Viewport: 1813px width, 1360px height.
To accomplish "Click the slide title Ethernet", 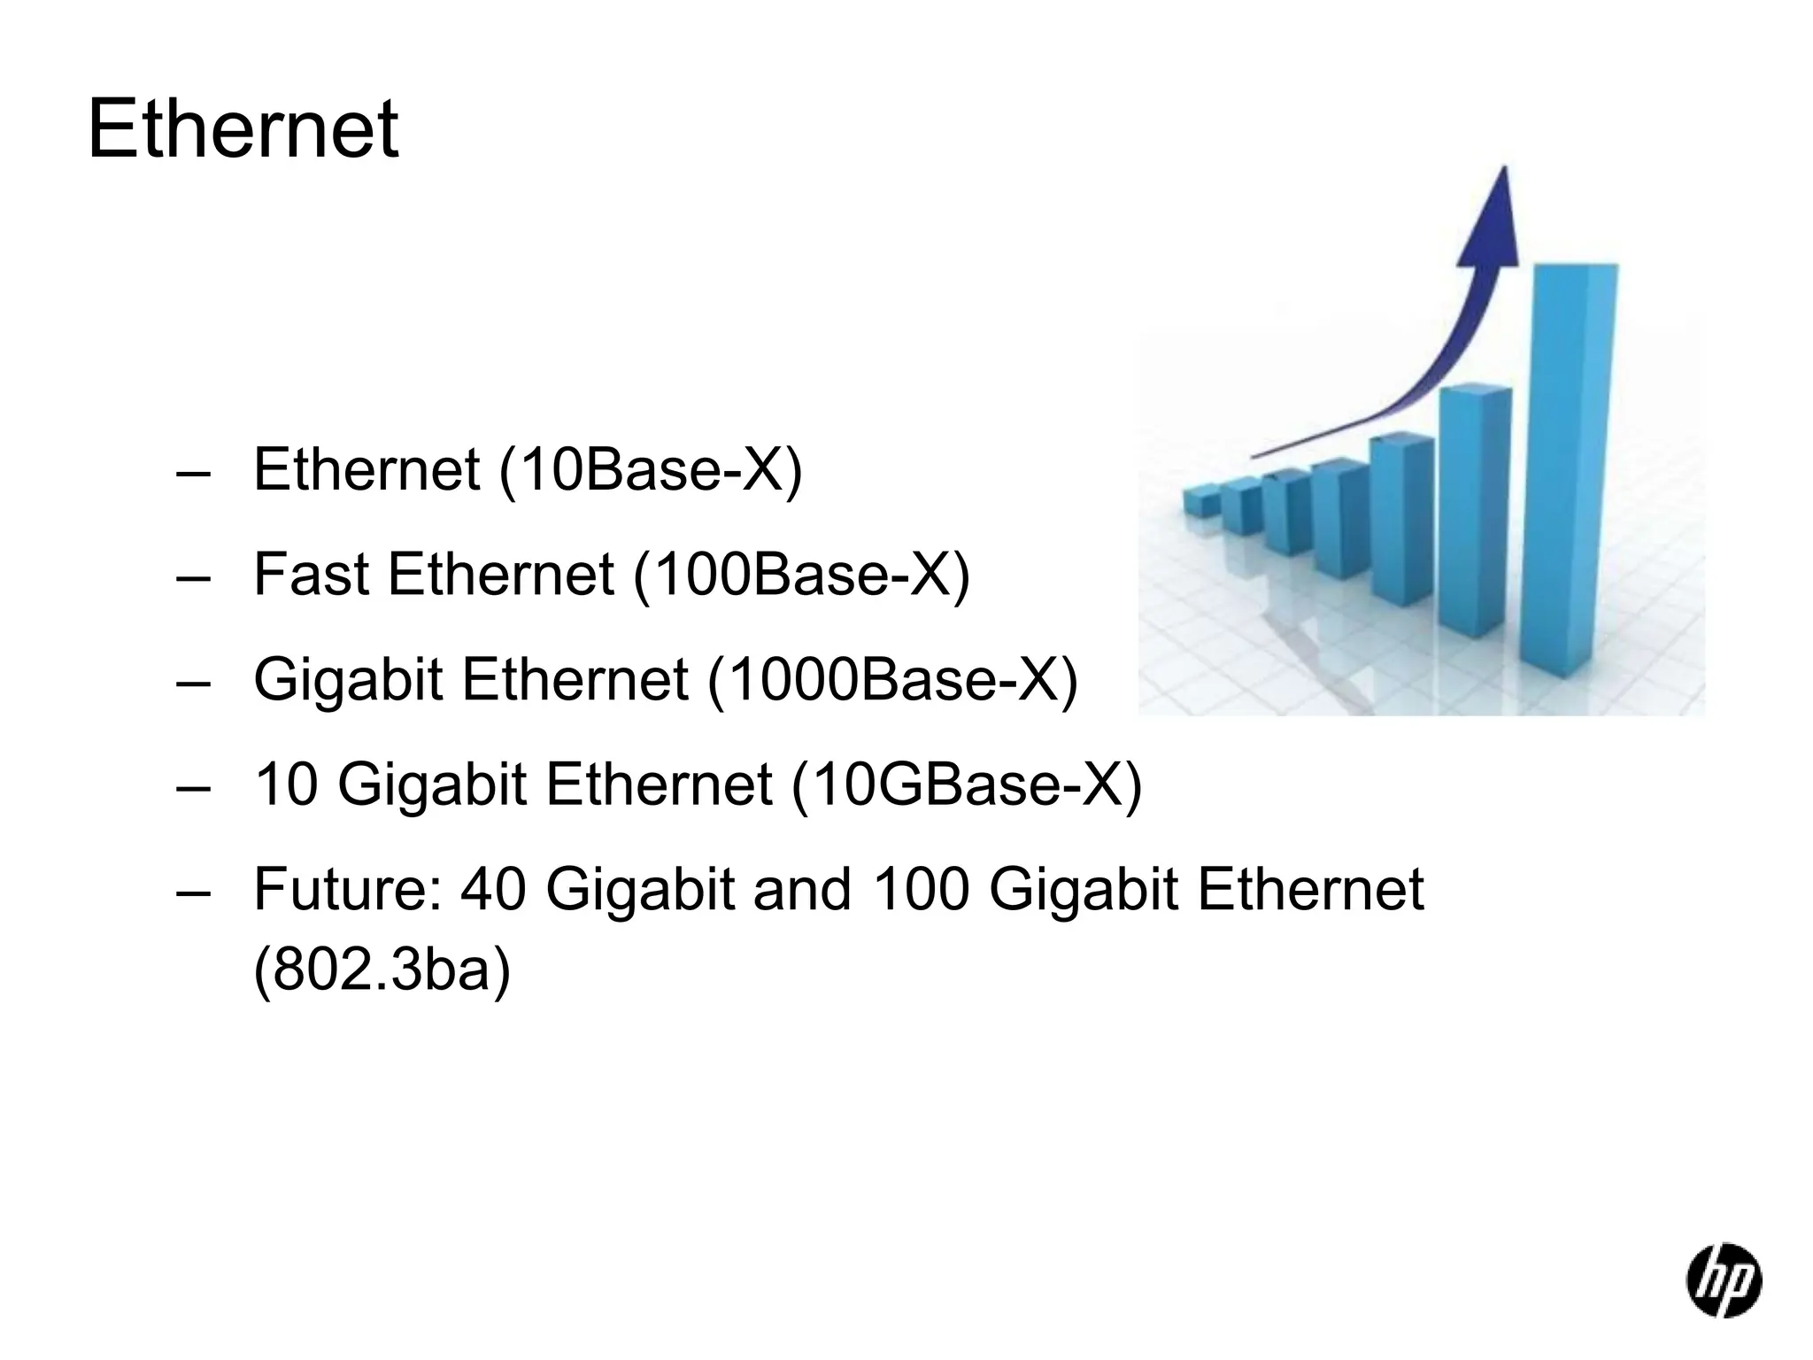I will point(243,131).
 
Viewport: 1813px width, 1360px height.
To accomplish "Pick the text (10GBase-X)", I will point(967,784).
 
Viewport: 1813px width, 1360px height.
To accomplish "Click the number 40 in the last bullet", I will point(494,889).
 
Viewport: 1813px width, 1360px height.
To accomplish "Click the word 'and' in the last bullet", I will point(802,889).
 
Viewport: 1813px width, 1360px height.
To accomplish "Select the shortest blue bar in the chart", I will point(1201,501).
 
